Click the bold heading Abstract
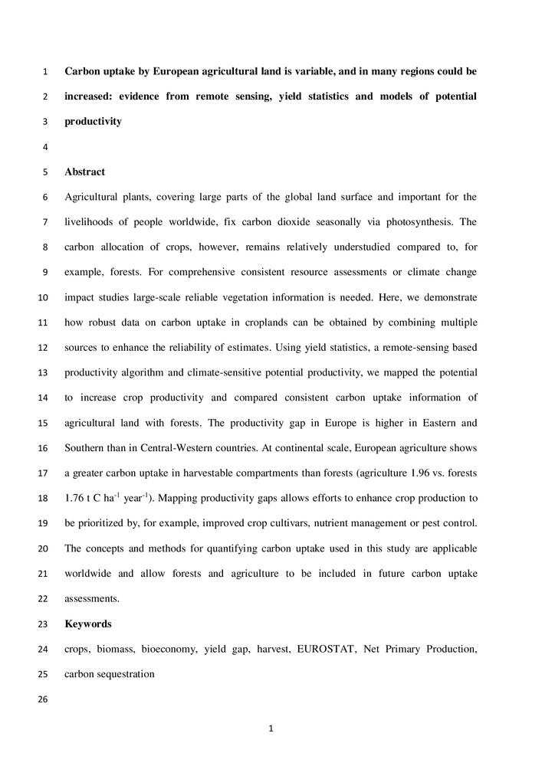(x=84, y=172)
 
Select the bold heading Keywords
(x=87, y=624)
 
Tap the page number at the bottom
(x=271, y=728)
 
